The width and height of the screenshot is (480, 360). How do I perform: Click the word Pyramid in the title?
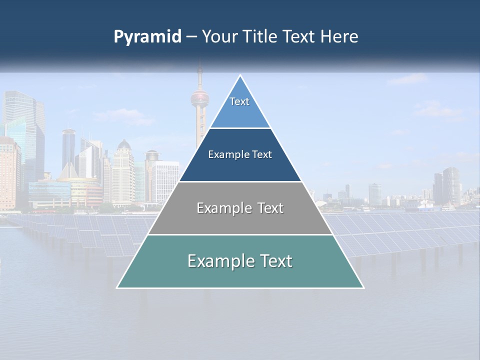[x=147, y=37]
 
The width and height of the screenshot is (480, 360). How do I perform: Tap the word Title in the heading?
[x=259, y=36]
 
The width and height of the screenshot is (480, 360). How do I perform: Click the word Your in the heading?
[x=219, y=36]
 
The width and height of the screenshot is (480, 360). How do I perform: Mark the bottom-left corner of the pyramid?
[x=117, y=287]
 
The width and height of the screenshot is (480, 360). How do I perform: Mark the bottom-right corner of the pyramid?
[x=363, y=287]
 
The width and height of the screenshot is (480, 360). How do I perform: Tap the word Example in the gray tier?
[x=223, y=208]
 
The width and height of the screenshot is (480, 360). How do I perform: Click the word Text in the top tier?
[x=239, y=101]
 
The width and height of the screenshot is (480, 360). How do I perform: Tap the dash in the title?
[x=191, y=37]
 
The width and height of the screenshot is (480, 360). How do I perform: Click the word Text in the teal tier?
[x=274, y=261]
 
